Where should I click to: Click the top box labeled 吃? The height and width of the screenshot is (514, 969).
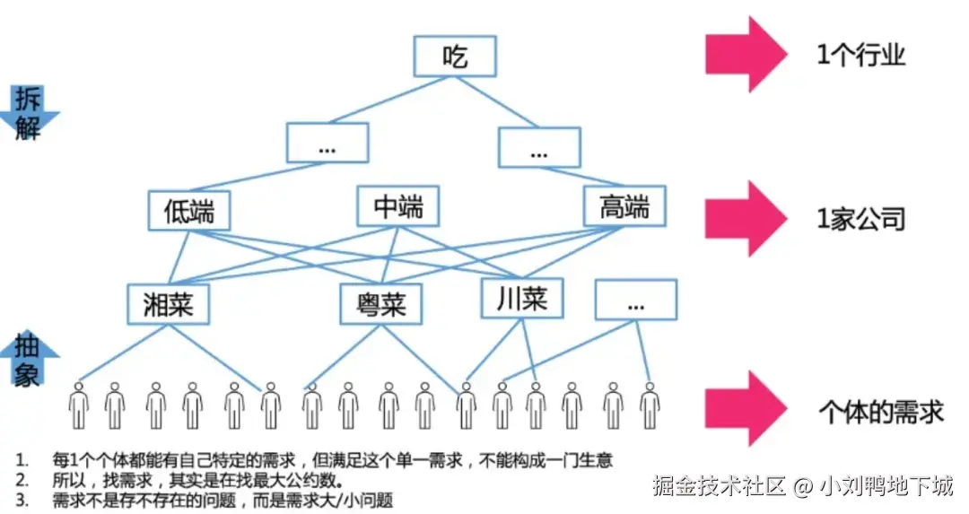(454, 55)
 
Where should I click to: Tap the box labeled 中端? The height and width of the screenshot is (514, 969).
(397, 207)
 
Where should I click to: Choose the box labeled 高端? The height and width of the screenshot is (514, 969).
(624, 208)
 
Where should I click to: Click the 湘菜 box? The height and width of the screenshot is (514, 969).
(169, 304)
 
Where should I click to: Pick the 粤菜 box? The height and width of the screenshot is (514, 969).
(382, 304)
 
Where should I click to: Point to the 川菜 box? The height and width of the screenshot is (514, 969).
(521, 298)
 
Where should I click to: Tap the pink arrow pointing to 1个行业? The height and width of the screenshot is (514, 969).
(744, 55)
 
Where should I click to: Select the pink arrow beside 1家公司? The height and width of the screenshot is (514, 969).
(744, 218)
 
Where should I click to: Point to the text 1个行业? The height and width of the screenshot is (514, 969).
(860, 56)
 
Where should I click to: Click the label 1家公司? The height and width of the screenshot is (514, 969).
(860, 219)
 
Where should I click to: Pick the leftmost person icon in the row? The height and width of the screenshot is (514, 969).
(79, 405)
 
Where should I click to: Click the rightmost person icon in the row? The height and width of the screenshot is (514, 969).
(650, 405)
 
